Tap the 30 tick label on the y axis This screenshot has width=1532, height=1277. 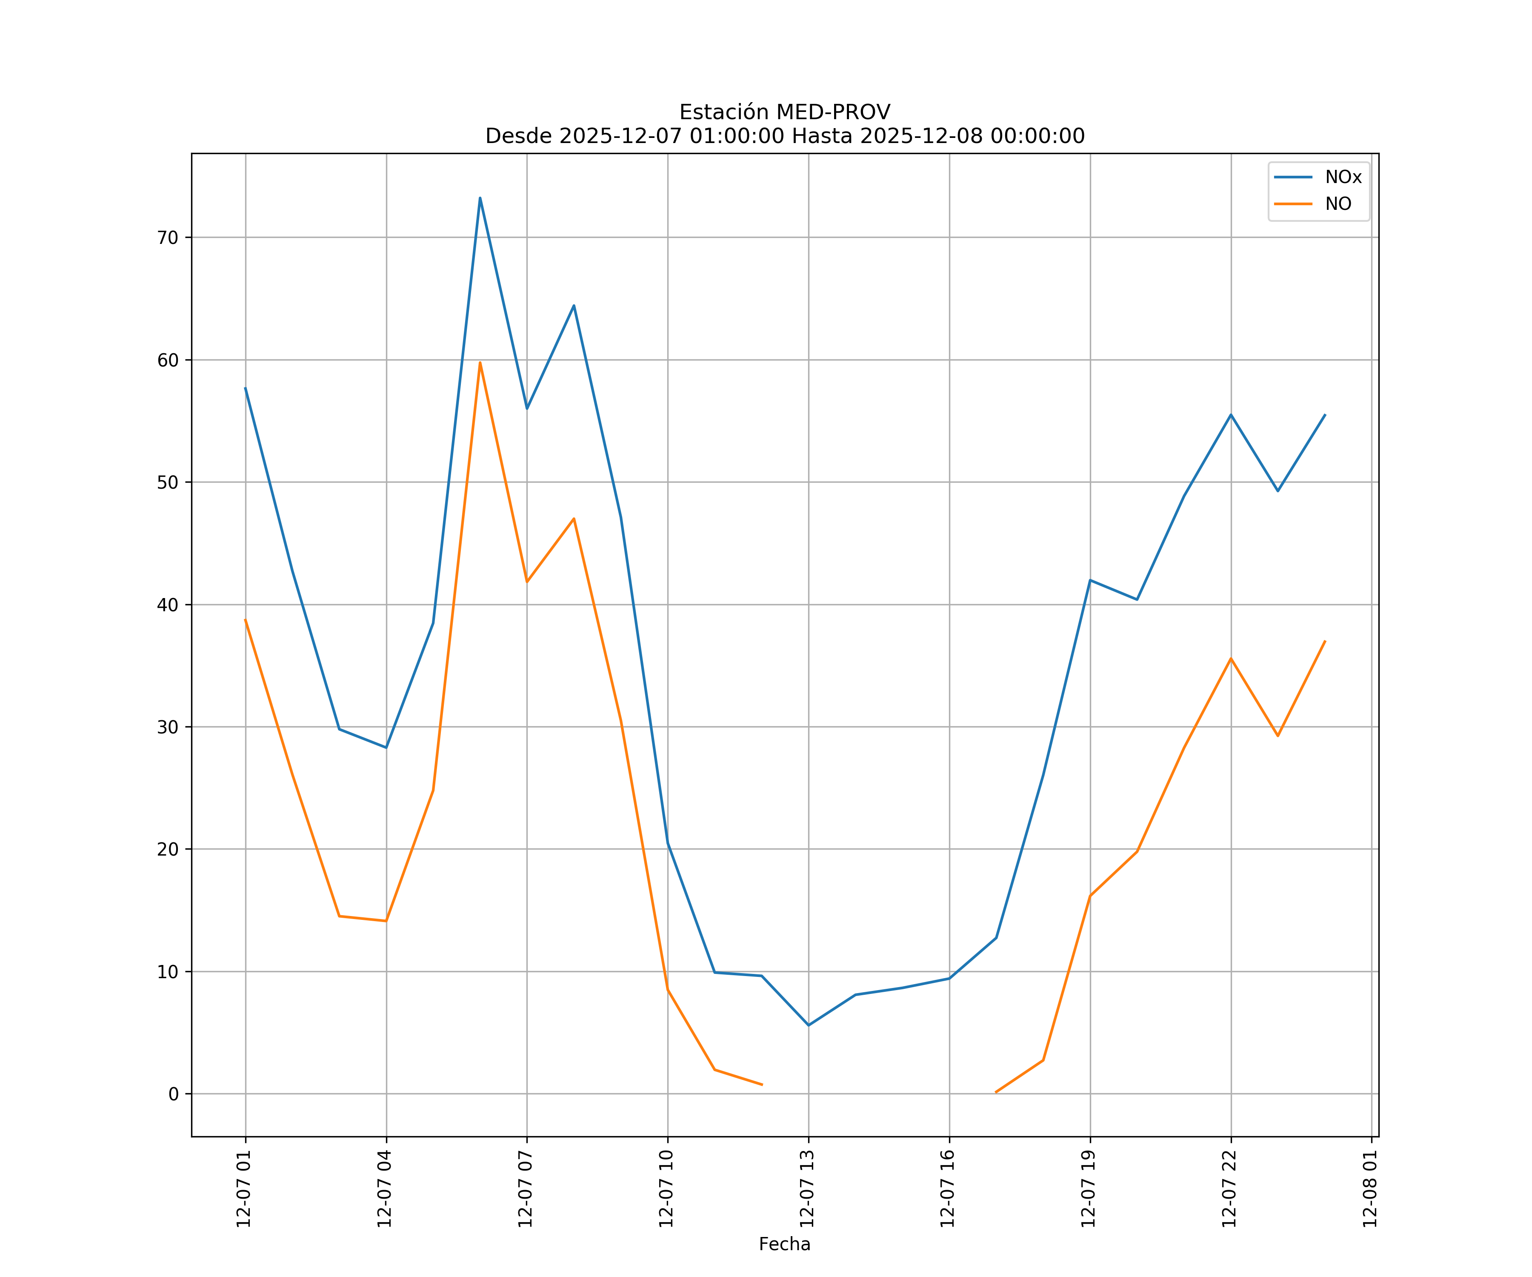coord(168,727)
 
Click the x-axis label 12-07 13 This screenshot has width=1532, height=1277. coord(807,1189)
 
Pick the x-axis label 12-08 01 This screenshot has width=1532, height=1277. coord(1370,1189)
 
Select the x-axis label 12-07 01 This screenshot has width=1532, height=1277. coord(244,1189)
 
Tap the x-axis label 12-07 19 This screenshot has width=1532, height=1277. coord(1089,1189)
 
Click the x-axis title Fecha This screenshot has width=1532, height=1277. coord(784,1244)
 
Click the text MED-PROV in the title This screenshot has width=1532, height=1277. coord(832,112)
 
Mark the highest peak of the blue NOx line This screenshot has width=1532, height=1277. coord(480,198)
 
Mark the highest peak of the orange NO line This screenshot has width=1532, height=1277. coord(480,363)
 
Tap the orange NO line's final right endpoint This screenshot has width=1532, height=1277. coord(1325,641)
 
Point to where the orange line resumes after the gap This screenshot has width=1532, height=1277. coord(996,1092)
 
